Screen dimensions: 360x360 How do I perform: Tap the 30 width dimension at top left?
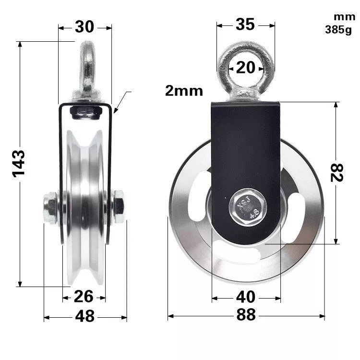[x=84, y=27]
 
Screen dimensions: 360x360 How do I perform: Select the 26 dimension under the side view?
[x=84, y=297]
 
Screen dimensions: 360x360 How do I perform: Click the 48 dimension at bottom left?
[x=84, y=316]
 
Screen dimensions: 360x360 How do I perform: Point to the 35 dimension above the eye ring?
[x=245, y=24]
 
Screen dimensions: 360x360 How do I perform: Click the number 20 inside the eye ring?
[x=246, y=67]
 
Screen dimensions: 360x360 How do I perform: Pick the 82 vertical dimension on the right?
[x=337, y=172]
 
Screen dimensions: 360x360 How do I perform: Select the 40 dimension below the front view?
[x=246, y=297]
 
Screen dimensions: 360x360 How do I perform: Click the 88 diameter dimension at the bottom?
[x=246, y=315]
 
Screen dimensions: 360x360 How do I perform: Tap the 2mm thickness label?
[x=184, y=91]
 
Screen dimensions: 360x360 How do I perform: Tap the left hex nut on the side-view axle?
[x=50, y=207]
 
